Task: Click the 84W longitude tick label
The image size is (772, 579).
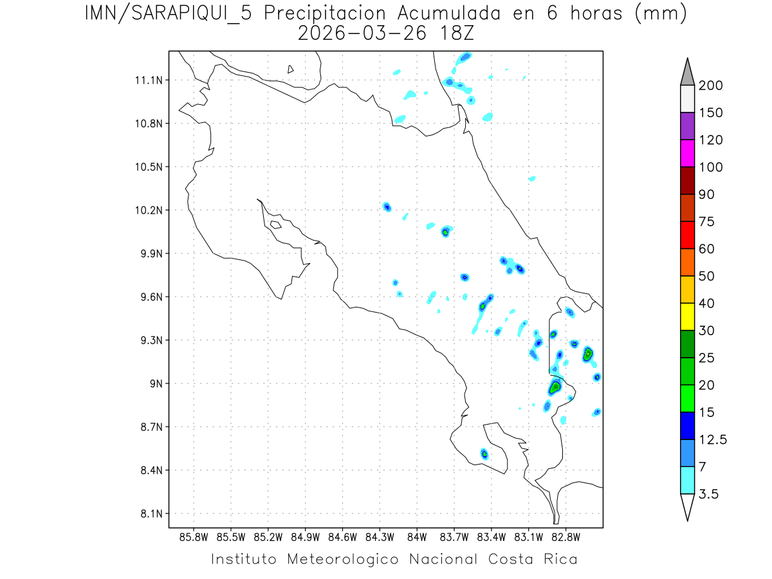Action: point(417,536)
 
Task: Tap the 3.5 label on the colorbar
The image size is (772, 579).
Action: point(710,494)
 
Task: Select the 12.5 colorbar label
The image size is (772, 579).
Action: point(713,440)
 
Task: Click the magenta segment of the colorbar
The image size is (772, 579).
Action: point(687,154)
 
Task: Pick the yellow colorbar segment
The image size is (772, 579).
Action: point(687,317)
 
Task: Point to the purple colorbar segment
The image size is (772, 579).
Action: point(687,126)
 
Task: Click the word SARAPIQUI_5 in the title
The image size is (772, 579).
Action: point(184,14)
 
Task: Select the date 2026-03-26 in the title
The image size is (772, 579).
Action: point(362,32)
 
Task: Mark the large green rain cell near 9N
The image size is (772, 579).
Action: point(555,387)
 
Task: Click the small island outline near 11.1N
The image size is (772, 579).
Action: point(291,69)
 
